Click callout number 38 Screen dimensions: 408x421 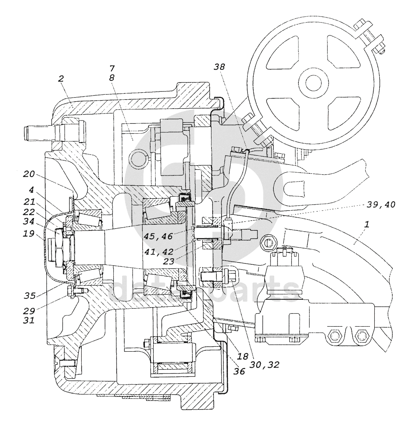(219, 67)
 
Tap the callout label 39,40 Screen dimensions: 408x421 (381, 205)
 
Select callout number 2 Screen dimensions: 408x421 (61, 79)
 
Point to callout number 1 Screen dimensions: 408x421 (367, 224)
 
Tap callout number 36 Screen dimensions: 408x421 (239, 371)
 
